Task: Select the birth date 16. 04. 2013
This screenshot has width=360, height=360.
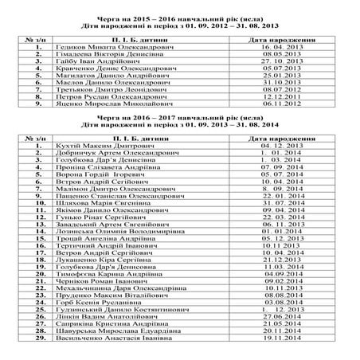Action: [x=272, y=48]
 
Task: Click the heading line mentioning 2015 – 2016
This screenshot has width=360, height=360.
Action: [x=180, y=16]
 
